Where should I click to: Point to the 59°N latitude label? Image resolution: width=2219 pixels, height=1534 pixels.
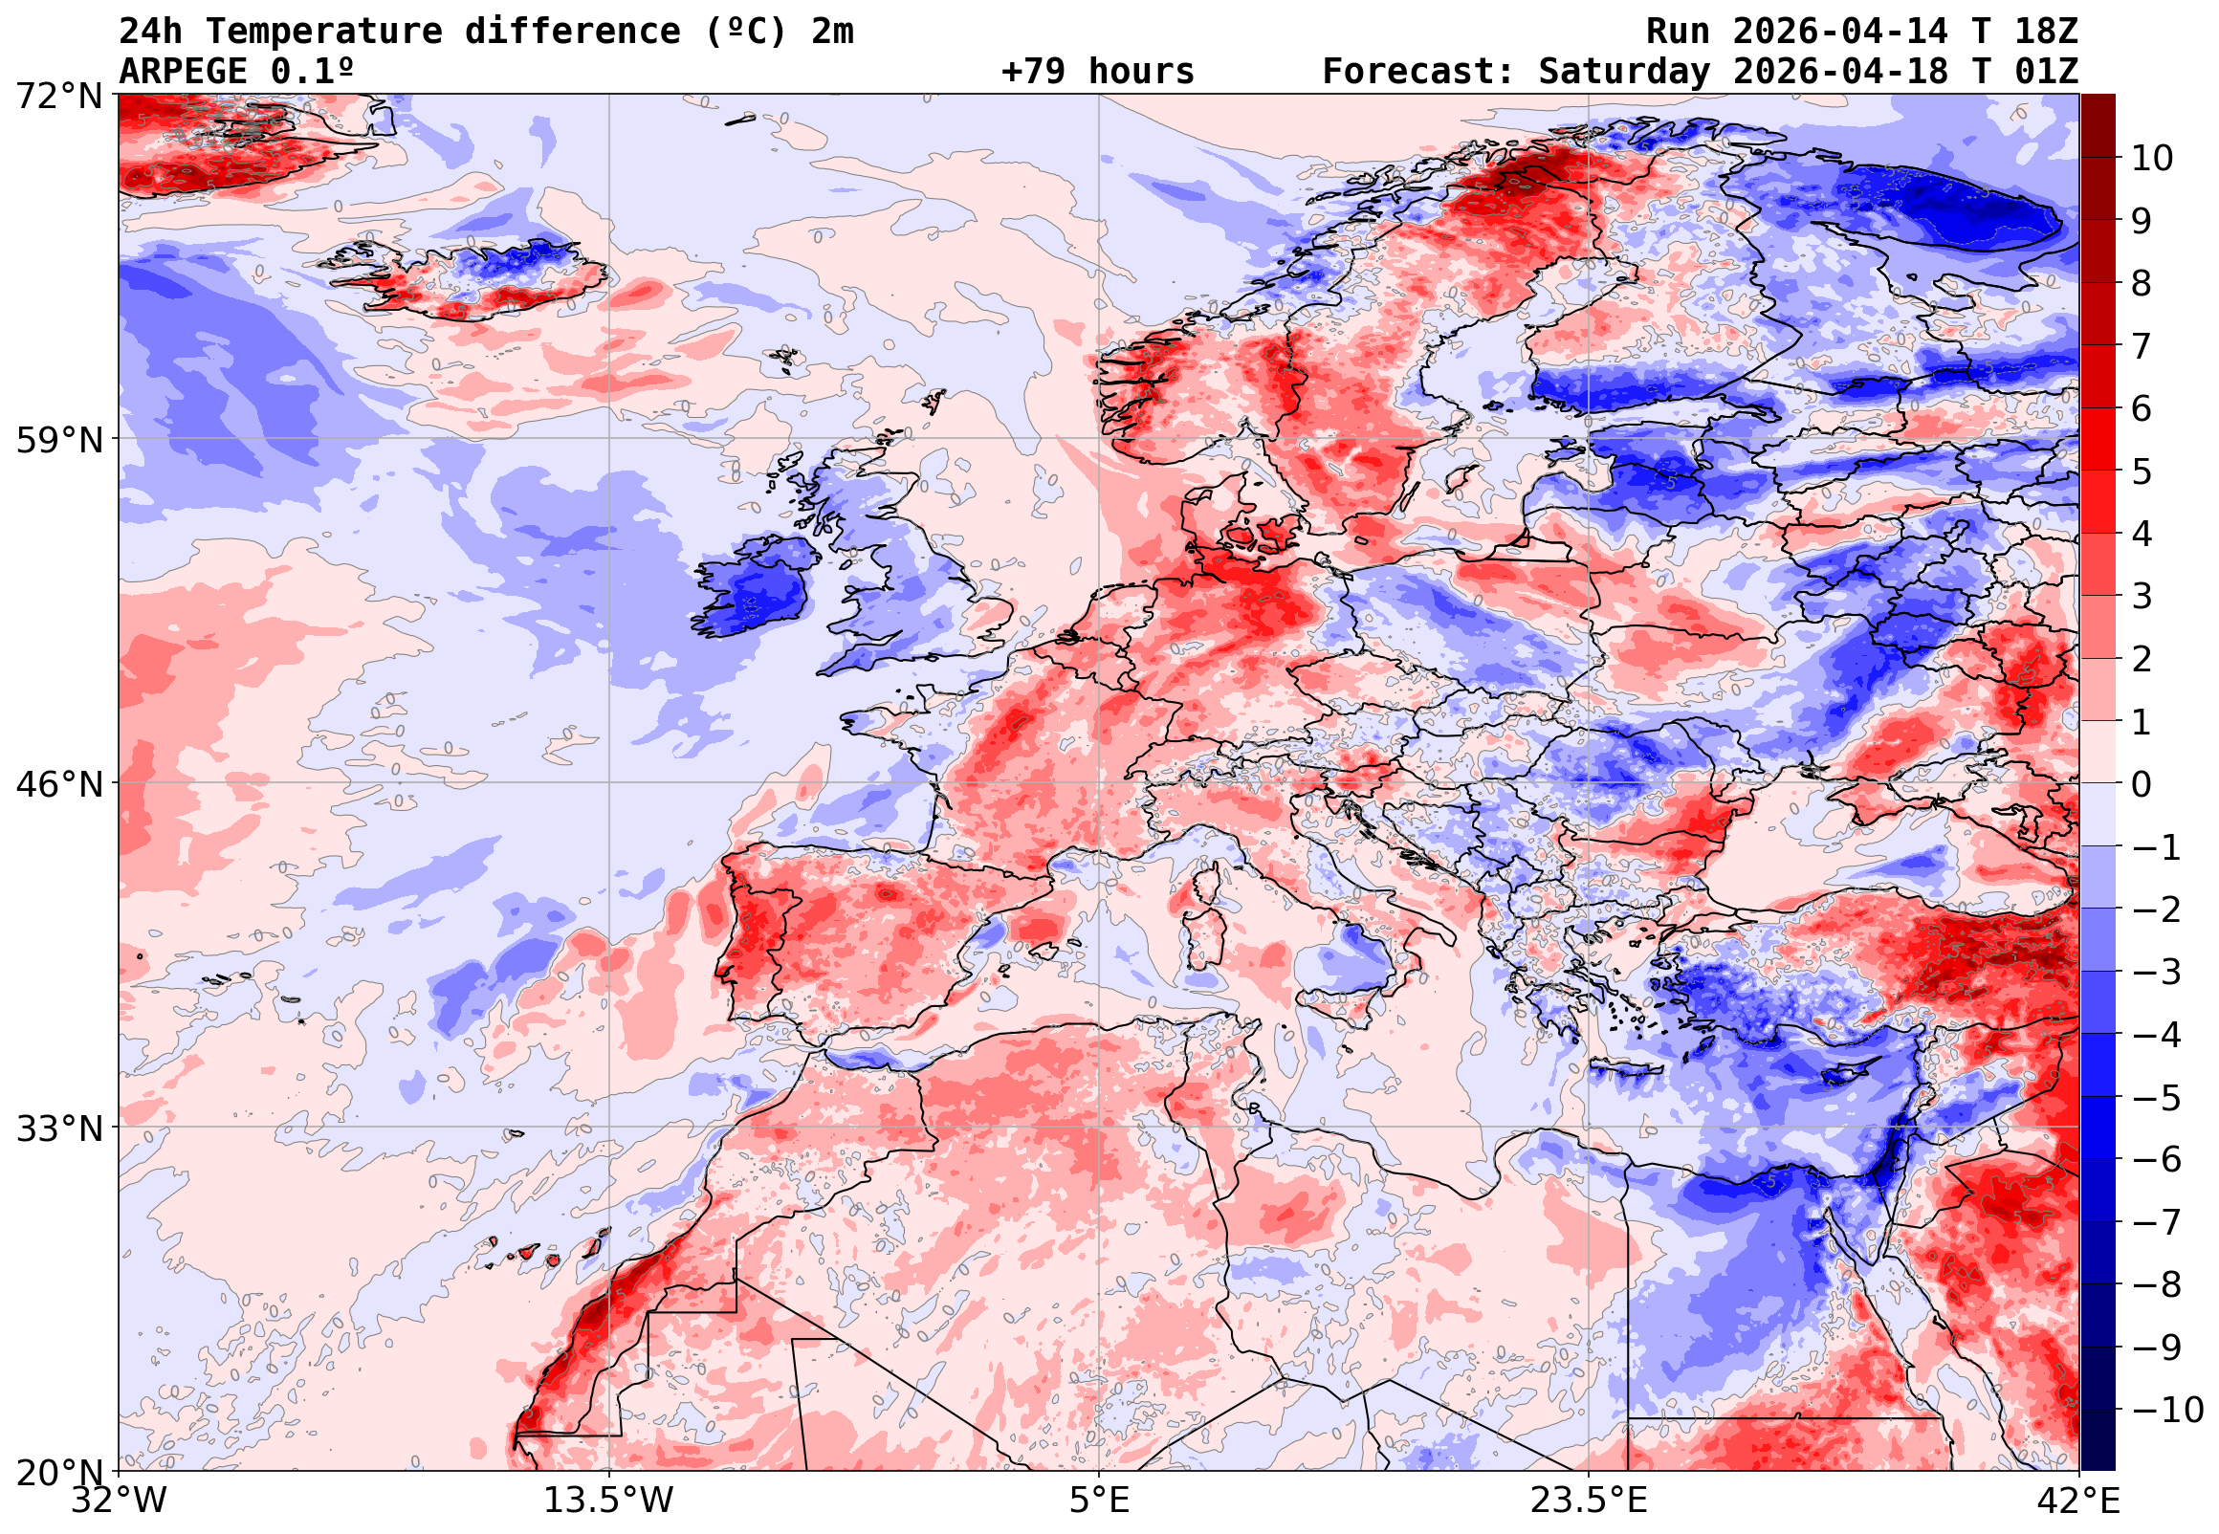tap(58, 440)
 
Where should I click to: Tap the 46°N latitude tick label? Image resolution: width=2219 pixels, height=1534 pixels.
tap(58, 784)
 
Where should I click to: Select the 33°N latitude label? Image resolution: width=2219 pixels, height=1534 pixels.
tap(58, 1128)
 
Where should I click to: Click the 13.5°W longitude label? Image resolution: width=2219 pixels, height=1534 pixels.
tap(609, 1501)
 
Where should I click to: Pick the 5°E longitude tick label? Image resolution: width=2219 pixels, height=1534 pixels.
tap(1099, 1501)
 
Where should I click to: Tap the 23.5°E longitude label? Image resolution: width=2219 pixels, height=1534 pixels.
tap(1589, 1501)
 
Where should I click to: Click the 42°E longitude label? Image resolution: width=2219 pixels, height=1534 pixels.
tap(2078, 1501)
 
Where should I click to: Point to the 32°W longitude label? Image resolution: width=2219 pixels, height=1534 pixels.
tap(120, 1501)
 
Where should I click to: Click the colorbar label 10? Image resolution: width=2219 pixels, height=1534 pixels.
tap(2152, 159)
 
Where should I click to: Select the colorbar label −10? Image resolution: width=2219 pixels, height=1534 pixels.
tap(2167, 1410)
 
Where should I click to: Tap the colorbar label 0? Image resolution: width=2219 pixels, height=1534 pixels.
tap(2142, 784)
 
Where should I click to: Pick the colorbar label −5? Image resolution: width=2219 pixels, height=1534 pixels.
tap(2157, 1097)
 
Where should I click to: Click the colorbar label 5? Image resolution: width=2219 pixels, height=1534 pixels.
tap(2142, 471)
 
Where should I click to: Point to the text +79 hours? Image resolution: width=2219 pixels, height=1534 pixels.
tap(1097, 71)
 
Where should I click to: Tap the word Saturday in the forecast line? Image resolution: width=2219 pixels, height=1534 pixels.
tap(1624, 71)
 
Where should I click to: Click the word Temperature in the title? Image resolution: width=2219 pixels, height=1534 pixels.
tap(324, 31)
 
